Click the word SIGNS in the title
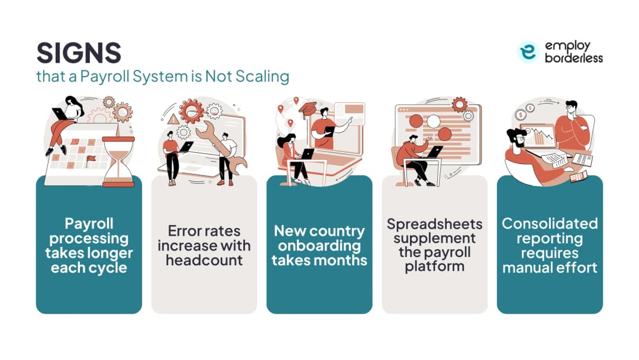tap(79, 53)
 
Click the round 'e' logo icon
tap(528, 52)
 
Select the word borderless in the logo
tap(574, 58)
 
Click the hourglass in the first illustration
tap(118, 162)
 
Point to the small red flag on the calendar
tap(90, 160)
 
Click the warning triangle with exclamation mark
tap(173, 119)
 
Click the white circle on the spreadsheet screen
tap(433, 121)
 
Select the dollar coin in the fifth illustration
tap(530, 108)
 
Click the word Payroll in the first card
tap(89, 223)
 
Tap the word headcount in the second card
tap(204, 260)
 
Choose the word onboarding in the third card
tap(319, 246)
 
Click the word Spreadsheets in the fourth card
tap(434, 224)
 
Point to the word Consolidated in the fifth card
tap(550, 223)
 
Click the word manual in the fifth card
tap(526, 268)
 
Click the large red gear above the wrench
tap(191, 111)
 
